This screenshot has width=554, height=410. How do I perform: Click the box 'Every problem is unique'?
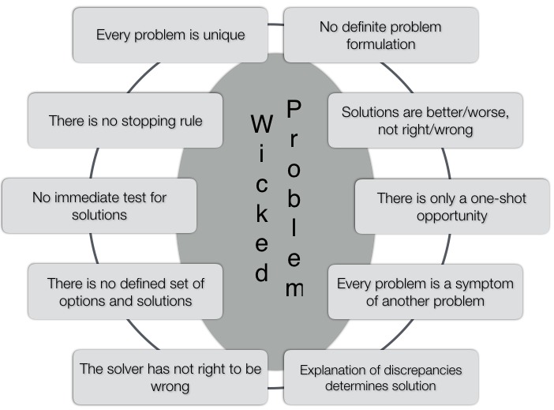[170, 35]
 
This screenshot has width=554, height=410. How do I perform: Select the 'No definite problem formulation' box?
[380, 35]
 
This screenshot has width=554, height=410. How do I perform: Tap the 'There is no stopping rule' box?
[125, 121]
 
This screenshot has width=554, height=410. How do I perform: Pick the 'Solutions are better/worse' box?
[425, 121]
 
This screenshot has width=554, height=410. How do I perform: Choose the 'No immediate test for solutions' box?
[99, 205]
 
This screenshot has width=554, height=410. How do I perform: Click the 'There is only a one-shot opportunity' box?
[451, 205]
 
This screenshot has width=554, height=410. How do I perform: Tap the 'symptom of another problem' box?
[425, 291]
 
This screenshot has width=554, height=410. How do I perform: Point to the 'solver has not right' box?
[170, 377]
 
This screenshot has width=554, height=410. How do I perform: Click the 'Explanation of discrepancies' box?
[380, 377]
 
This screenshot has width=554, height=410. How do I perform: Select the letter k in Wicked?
[262, 214]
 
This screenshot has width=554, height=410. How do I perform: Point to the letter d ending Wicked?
[262, 273]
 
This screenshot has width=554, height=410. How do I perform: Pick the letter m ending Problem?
[294, 288]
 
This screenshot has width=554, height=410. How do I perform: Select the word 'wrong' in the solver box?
[170, 386]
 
